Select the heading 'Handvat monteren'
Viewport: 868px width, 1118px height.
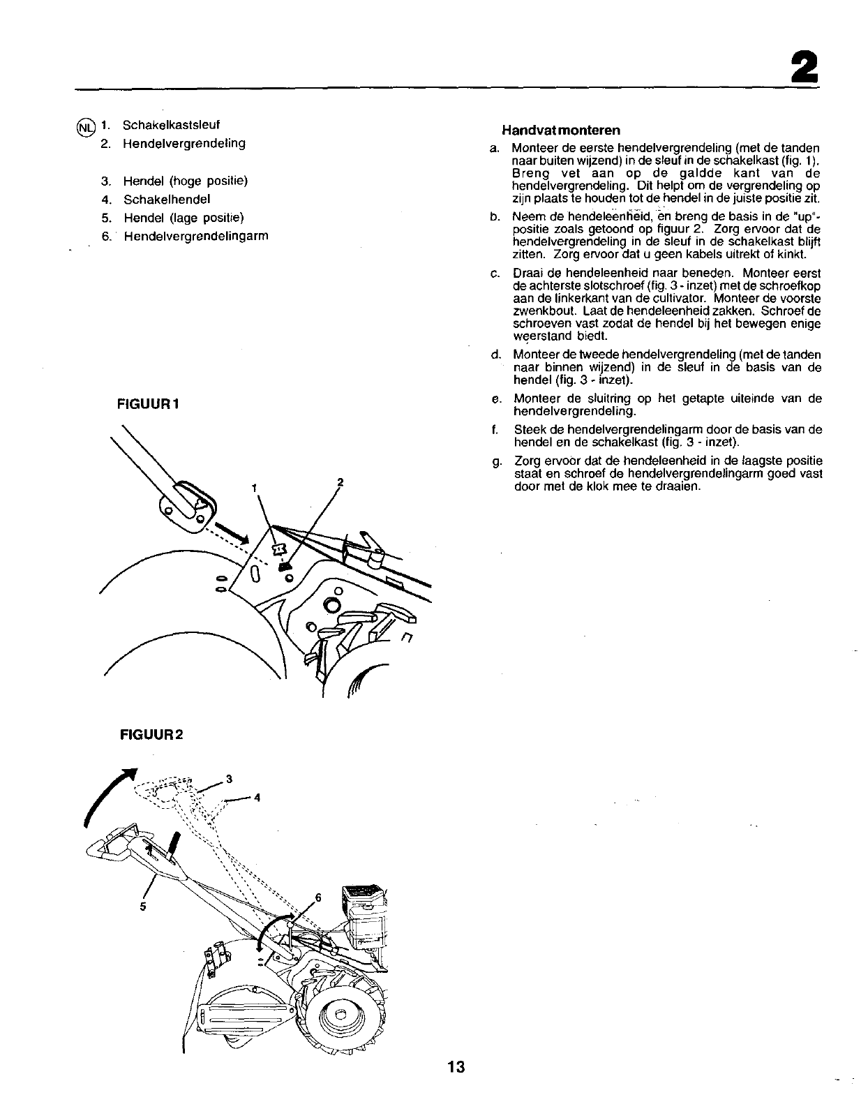point(561,131)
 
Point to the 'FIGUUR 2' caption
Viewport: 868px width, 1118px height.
point(151,734)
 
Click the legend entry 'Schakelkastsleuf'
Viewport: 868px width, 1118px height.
point(171,125)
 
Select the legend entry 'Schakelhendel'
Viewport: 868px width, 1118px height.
point(167,199)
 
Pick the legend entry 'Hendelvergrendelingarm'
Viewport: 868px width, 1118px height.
point(196,236)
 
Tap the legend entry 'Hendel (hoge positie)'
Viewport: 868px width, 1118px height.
point(186,181)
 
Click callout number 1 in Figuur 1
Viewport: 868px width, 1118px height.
point(255,486)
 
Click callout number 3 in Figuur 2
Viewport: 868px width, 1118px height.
point(228,778)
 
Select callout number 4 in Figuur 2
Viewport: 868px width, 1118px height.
point(257,798)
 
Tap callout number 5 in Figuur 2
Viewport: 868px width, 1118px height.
point(142,907)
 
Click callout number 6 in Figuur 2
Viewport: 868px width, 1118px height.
point(319,897)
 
